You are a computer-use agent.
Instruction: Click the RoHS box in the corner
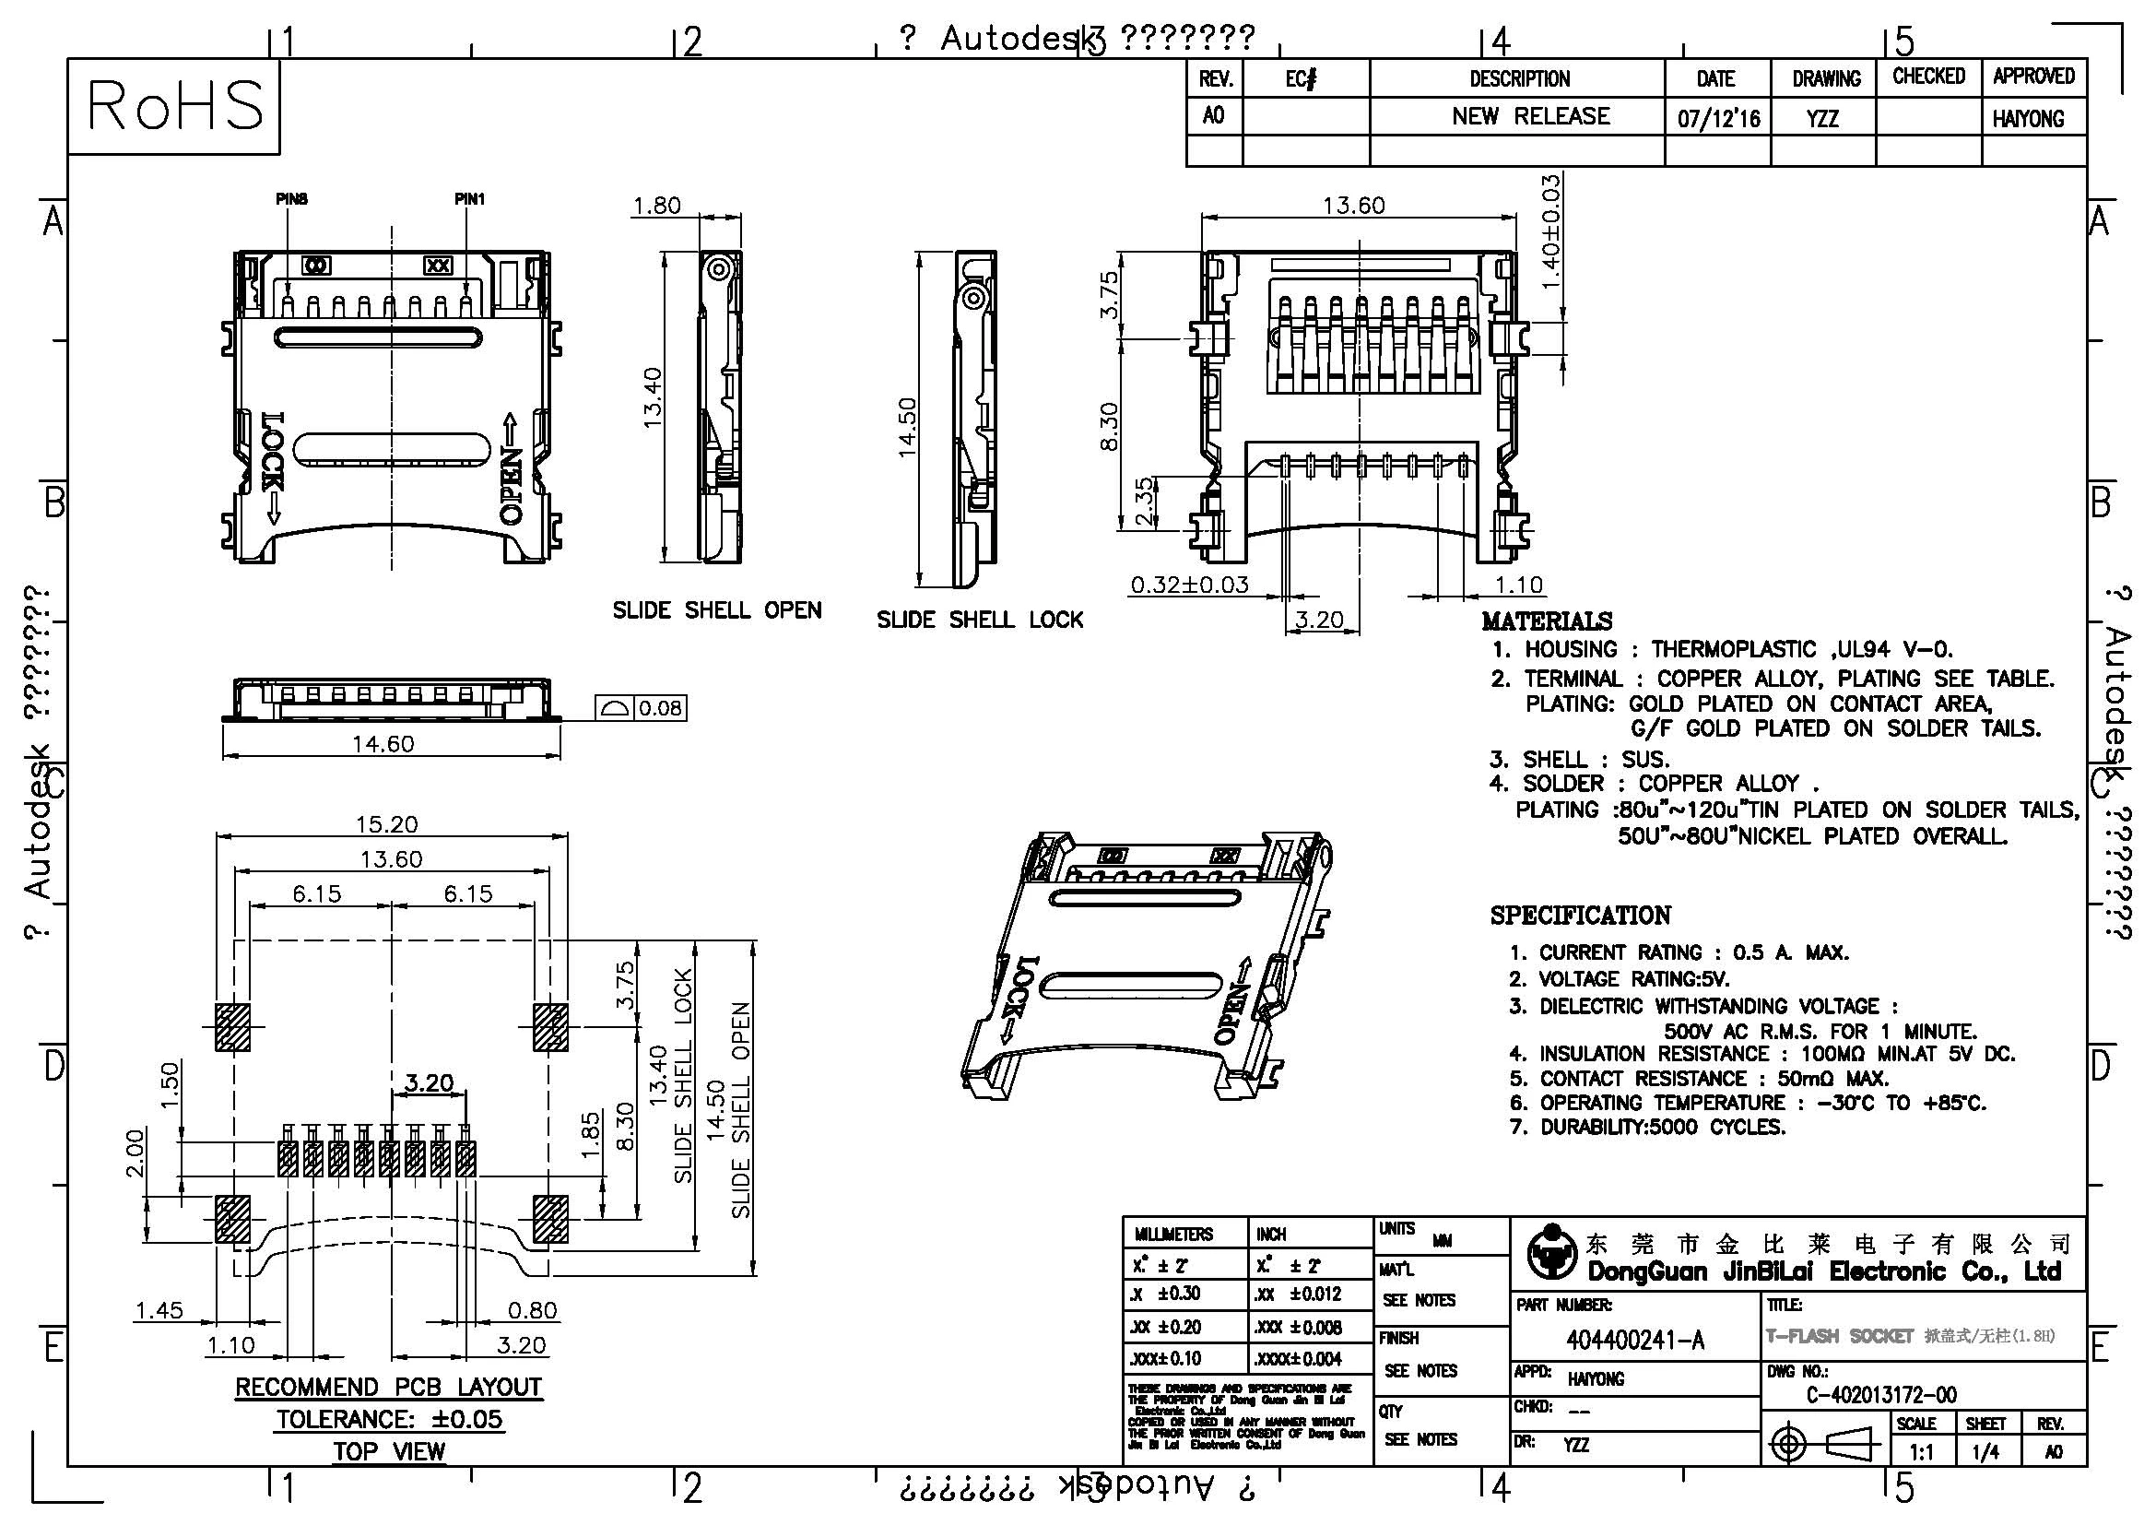[174, 105]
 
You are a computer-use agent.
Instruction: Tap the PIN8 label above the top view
[291, 199]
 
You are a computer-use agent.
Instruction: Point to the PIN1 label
[469, 199]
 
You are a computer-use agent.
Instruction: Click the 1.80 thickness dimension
[656, 206]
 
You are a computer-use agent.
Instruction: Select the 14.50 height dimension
[906, 427]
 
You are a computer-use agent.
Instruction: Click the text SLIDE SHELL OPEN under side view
[716, 610]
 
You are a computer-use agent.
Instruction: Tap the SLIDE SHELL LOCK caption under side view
[980, 620]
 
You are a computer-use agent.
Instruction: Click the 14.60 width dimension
[383, 744]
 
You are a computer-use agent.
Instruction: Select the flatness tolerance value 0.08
[660, 708]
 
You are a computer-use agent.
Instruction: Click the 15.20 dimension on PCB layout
[386, 824]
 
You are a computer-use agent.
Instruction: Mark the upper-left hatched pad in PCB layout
[232, 1026]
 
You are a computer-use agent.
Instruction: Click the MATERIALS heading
[1546, 621]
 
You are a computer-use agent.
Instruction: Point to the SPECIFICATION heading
[1581, 915]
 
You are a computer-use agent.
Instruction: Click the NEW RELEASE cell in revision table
[1530, 116]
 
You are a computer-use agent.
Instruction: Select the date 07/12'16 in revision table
[1718, 119]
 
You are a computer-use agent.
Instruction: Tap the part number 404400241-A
[1635, 1340]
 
